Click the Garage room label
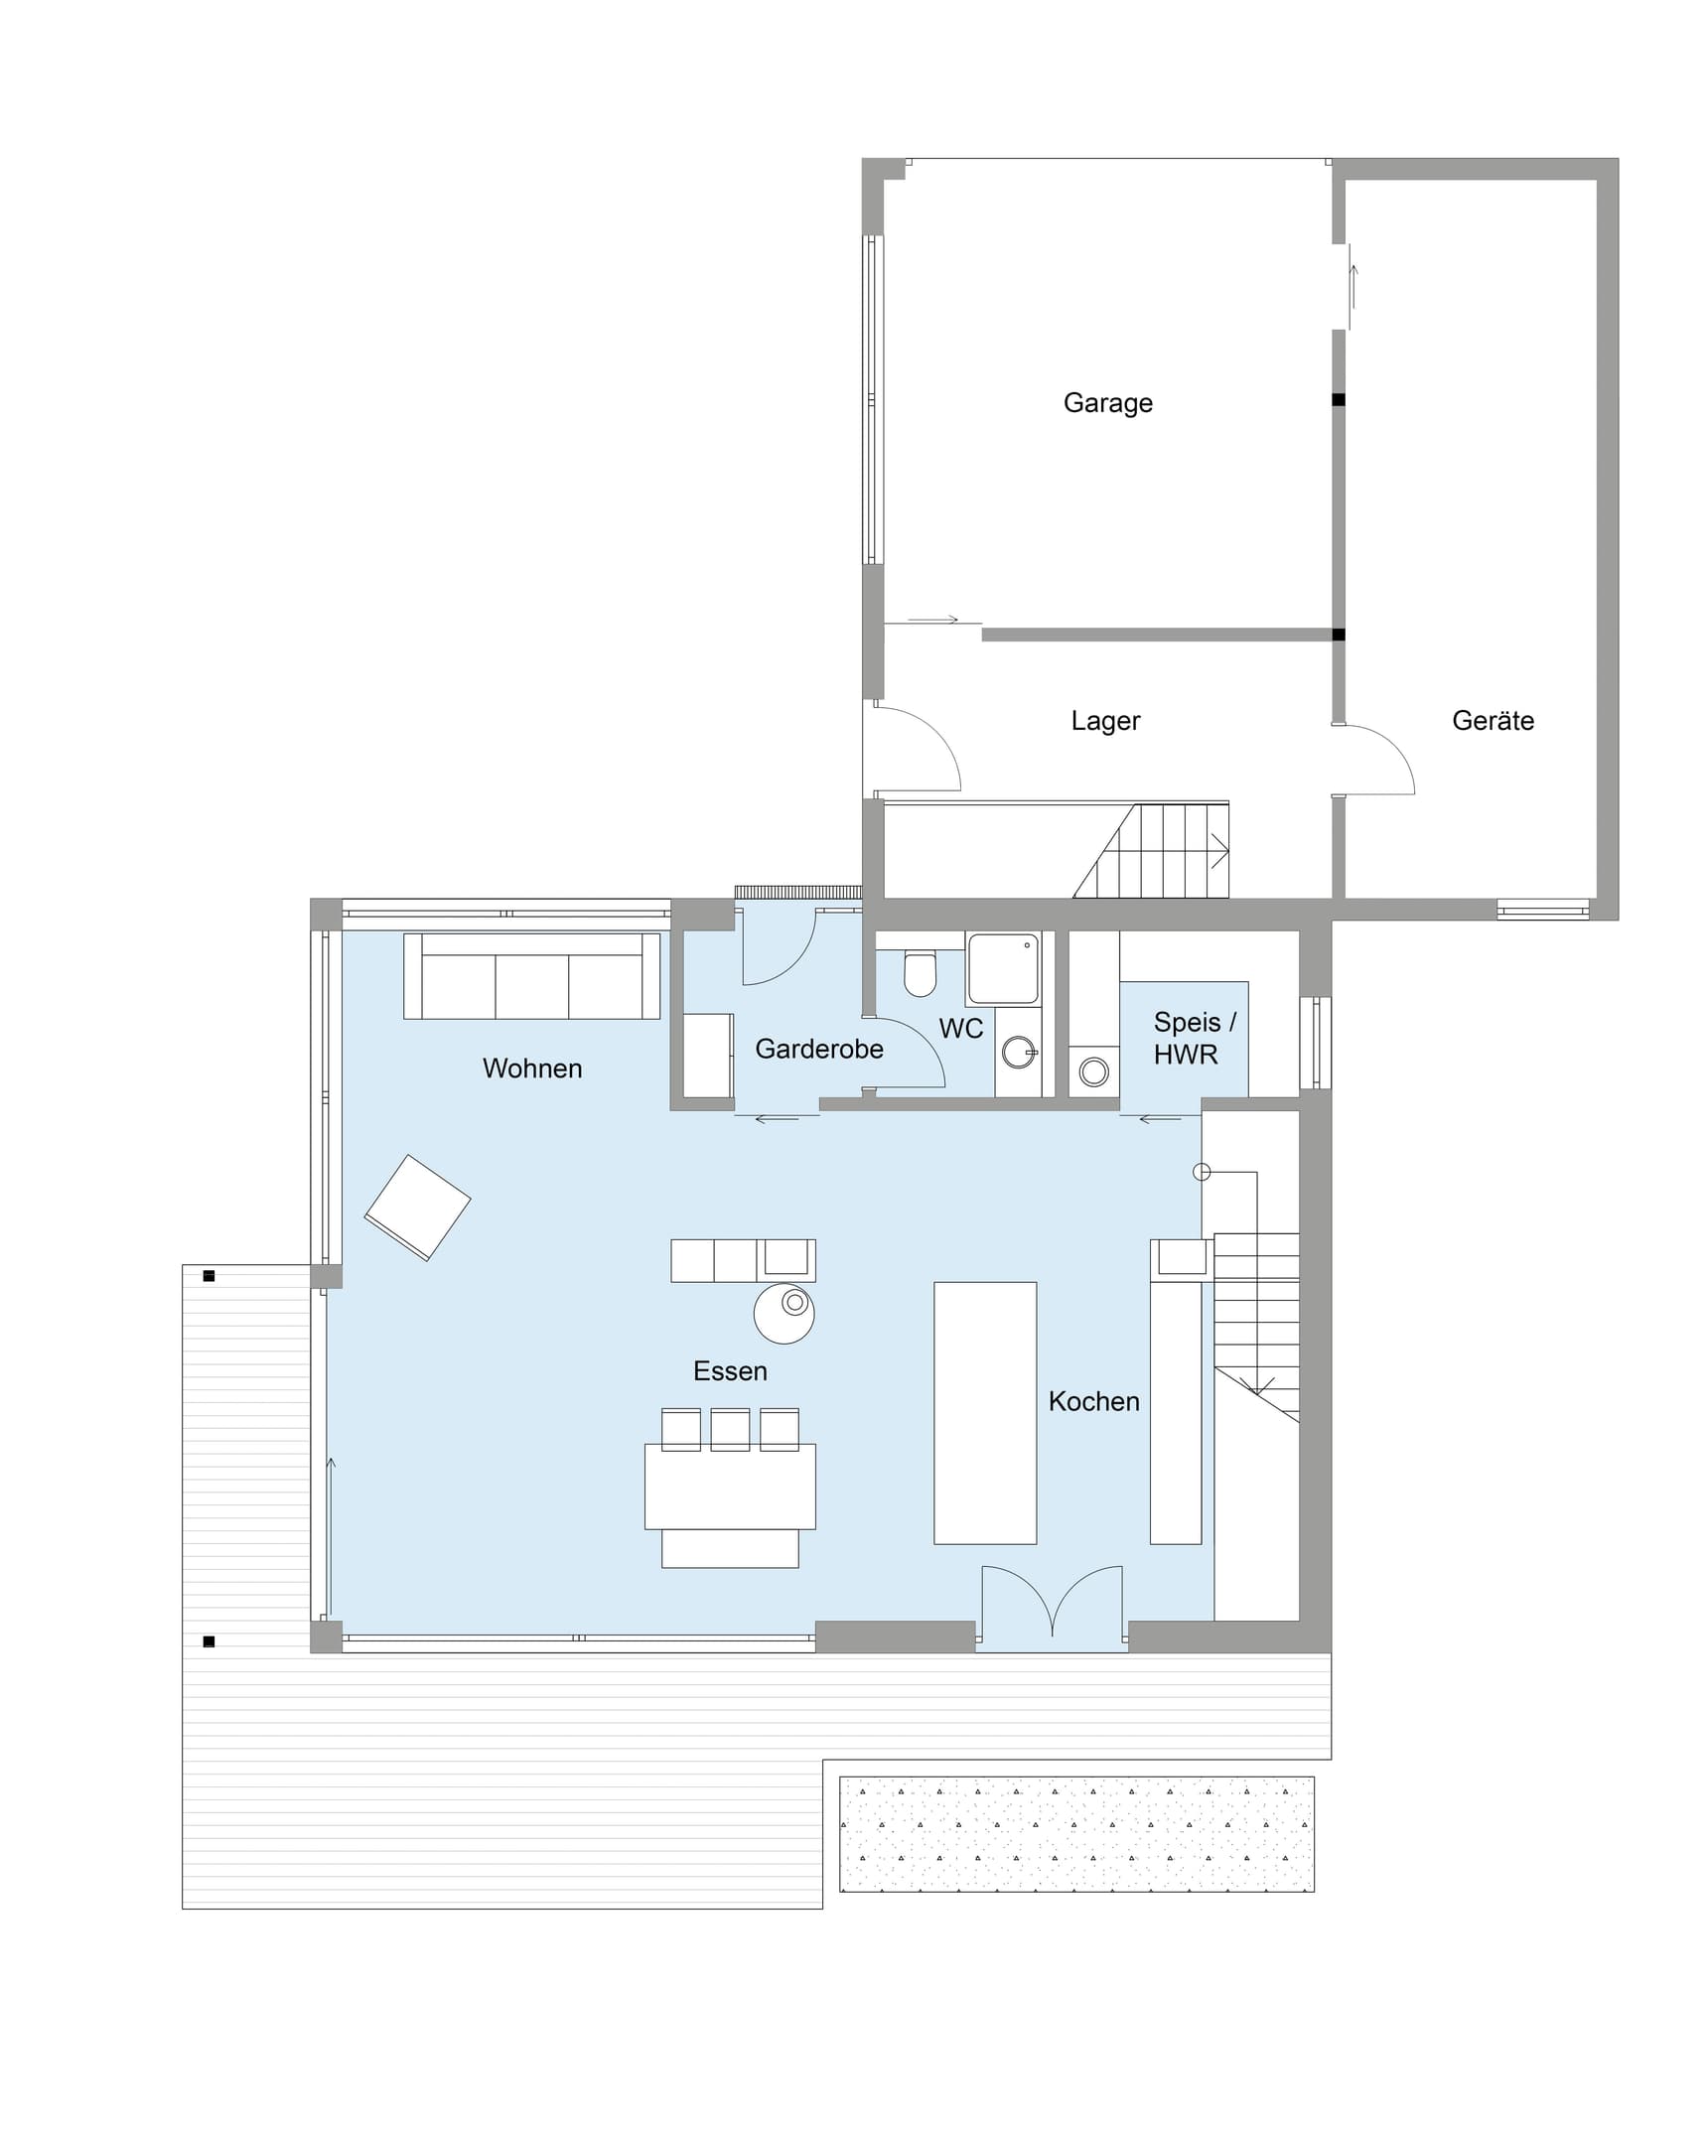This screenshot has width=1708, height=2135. [x=1107, y=403]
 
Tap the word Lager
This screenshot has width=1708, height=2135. [x=1105, y=721]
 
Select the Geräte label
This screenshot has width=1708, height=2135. [x=1493, y=720]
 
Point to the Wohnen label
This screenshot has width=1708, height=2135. [x=532, y=1068]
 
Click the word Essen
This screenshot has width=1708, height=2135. [x=730, y=1371]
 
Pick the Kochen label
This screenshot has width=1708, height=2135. [x=1093, y=1401]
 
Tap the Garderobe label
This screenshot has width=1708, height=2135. [x=819, y=1049]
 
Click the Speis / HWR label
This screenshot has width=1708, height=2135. [x=1195, y=1038]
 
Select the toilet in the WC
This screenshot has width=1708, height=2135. [x=921, y=972]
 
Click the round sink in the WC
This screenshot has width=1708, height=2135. [x=1019, y=1052]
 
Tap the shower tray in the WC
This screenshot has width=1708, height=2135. [x=1004, y=967]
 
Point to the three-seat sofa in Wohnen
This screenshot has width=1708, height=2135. [x=531, y=975]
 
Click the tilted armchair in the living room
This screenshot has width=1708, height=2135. [x=417, y=1208]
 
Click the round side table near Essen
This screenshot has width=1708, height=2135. [x=783, y=1313]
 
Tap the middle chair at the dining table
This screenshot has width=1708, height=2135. [x=730, y=1429]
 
